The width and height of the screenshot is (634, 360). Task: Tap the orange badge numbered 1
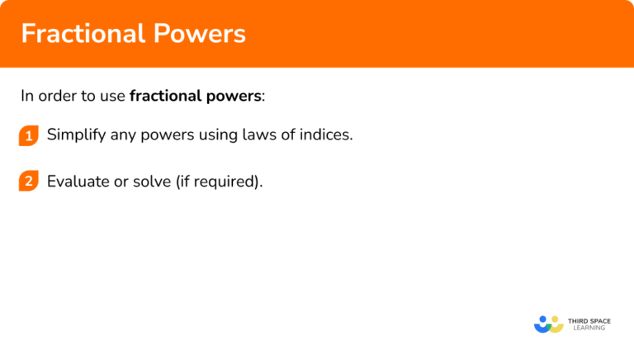click(29, 137)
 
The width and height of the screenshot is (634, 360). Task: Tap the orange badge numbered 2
click(29, 182)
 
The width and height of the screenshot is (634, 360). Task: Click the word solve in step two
click(150, 181)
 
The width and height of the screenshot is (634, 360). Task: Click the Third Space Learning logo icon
click(548, 324)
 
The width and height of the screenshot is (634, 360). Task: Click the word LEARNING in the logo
click(587, 329)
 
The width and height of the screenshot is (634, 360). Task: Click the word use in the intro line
click(113, 95)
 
